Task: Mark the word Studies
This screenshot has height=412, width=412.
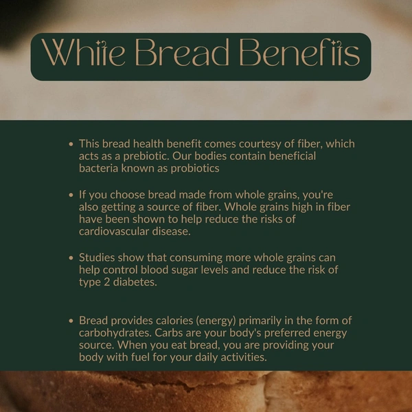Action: [x=96, y=258]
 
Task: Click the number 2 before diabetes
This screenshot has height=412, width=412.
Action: [x=106, y=282]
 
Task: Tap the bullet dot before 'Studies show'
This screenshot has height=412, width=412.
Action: [x=71, y=258]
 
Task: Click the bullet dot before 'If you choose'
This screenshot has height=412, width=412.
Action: [x=71, y=196]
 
